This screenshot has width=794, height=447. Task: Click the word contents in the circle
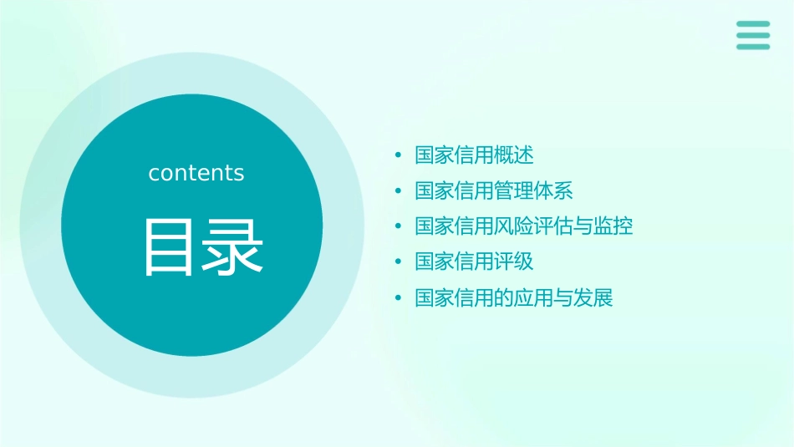pos(196,173)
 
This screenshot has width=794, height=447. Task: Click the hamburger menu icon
pos(753,35)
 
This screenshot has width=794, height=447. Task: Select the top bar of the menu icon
pos(753,24)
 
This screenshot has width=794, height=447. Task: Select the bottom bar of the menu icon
pos(753,46)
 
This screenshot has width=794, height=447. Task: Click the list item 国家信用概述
pos(474,155)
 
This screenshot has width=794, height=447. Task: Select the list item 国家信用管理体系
pos(494,190)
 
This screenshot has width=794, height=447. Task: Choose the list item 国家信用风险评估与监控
pos(524,226)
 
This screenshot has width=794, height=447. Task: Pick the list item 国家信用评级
pos(474,262)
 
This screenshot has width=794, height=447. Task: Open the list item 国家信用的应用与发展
pos(514,297)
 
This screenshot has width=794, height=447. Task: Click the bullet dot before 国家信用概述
pos(399,155)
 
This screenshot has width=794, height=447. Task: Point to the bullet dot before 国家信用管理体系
pos(399,191)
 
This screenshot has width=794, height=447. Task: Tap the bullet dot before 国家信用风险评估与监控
pos(399,226)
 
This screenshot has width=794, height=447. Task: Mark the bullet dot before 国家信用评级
pos(399,262)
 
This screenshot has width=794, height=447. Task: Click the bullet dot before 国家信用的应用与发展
pos(399,298)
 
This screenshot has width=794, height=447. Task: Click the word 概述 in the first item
pos(514,155)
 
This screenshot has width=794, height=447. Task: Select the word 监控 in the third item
pos(613,226)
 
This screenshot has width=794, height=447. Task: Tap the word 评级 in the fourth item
pos(514,262)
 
